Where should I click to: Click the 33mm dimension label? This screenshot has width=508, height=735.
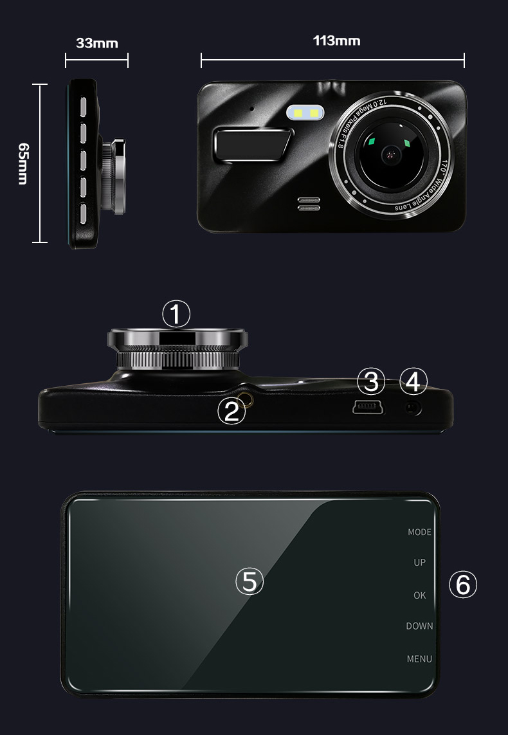pos(97,43)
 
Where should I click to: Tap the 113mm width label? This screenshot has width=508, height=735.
pos(336,41)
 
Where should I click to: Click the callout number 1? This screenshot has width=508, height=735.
pos(176,314)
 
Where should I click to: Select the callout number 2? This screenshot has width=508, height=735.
pos(231,411)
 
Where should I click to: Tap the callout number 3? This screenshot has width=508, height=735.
pos(371,381)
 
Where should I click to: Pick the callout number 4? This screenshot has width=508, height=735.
pos(413,381)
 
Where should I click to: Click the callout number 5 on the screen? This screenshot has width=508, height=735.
pos(249,581)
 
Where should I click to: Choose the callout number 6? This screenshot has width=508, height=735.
pos(463,585)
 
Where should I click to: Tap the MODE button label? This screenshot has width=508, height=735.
pos(419,532)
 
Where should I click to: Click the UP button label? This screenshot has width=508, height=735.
pos(419,563)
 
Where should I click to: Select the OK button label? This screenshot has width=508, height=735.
pos(419,595)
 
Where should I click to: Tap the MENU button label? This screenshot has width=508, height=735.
pos(419,658)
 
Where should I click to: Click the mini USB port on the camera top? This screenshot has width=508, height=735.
pos(368,408)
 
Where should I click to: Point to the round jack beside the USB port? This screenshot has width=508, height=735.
pos(413,409)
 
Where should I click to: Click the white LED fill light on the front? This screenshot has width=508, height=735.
pos(305,113)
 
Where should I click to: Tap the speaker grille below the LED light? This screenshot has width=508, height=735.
pos(309,204)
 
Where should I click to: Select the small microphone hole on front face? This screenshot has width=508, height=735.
pos(251,109)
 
